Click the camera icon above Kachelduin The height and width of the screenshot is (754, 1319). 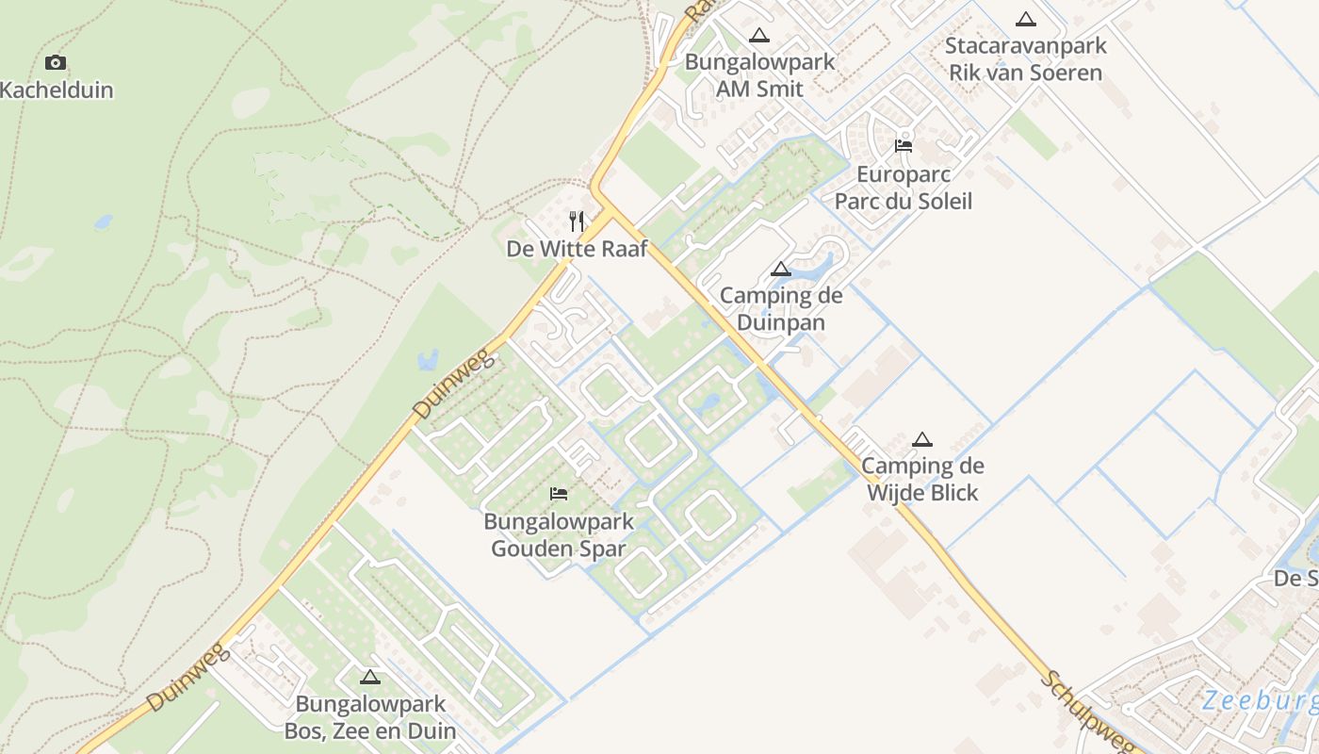click(56, 63)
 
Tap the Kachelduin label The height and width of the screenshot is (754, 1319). click(57, 90)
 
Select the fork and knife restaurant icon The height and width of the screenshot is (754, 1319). click(577, 221)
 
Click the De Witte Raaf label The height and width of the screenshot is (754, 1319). click(577, 249)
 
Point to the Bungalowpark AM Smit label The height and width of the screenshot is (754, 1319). click(759, 75)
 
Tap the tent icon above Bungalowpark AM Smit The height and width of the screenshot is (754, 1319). click(759, 36)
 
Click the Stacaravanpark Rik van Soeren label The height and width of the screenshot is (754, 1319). click(1025, 58)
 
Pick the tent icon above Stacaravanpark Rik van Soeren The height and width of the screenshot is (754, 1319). click(1026, 19)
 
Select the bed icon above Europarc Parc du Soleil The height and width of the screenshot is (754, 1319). click(904, 146)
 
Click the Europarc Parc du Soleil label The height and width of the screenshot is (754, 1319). click(904, 188)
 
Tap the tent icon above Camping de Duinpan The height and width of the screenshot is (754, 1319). click(781, 270)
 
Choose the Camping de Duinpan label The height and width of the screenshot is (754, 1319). click(781, 309)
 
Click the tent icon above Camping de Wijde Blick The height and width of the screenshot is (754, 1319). click(922, 439)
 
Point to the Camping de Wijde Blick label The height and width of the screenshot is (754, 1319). click(922, 479)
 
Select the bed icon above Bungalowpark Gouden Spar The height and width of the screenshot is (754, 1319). click(559, 494)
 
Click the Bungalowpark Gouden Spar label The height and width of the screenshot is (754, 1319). click(559, 534)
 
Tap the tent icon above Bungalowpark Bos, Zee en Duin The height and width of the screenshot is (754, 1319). click(370, 677)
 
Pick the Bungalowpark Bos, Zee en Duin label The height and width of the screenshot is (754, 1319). click(370, 717)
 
